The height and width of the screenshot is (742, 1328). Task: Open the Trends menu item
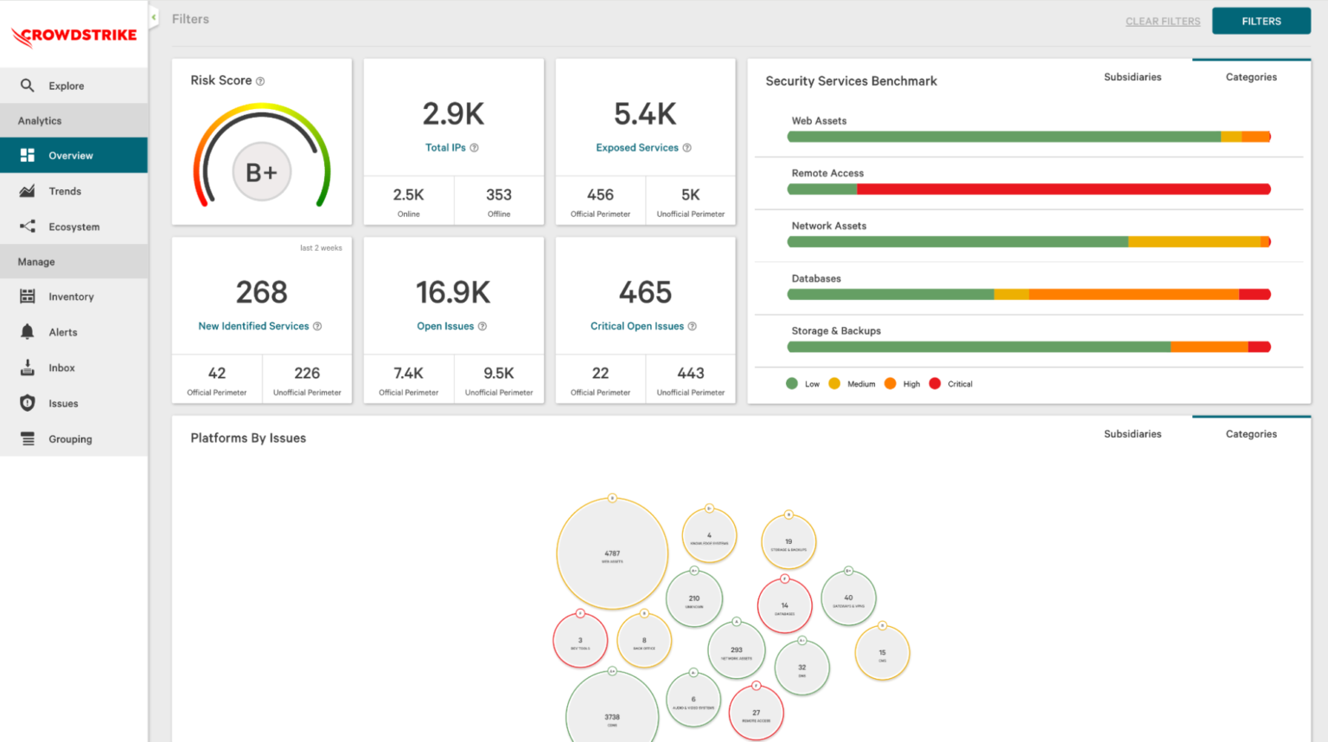coord(65,191)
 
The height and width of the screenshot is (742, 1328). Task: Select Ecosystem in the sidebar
coord(73,227)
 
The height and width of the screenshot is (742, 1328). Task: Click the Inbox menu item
coord(61,368)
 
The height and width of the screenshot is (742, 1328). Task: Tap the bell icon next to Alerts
coord(28,332)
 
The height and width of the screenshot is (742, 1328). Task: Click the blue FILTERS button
coord(1261,21)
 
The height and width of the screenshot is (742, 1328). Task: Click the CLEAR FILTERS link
coord(1162,22)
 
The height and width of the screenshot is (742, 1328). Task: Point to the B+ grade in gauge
coord(261,172)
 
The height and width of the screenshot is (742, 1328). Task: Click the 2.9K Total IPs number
coord(453,114)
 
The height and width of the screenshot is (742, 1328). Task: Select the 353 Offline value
coord(499,195)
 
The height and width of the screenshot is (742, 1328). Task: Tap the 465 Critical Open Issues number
coord(645,292)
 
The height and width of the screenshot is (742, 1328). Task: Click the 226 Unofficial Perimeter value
coord(307,374)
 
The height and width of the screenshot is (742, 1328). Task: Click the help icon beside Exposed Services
coord(687,148)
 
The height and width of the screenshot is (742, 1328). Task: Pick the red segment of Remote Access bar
coord(1063,189)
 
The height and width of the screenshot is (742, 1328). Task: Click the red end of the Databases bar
coord(1255,295)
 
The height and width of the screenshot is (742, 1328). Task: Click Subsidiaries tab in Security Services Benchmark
coord(1132,77)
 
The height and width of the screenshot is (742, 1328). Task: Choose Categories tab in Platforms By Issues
coord(1250,434)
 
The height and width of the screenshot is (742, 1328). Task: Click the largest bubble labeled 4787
coord(612,553)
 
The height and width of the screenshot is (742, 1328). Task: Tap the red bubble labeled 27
coord(756,713)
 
